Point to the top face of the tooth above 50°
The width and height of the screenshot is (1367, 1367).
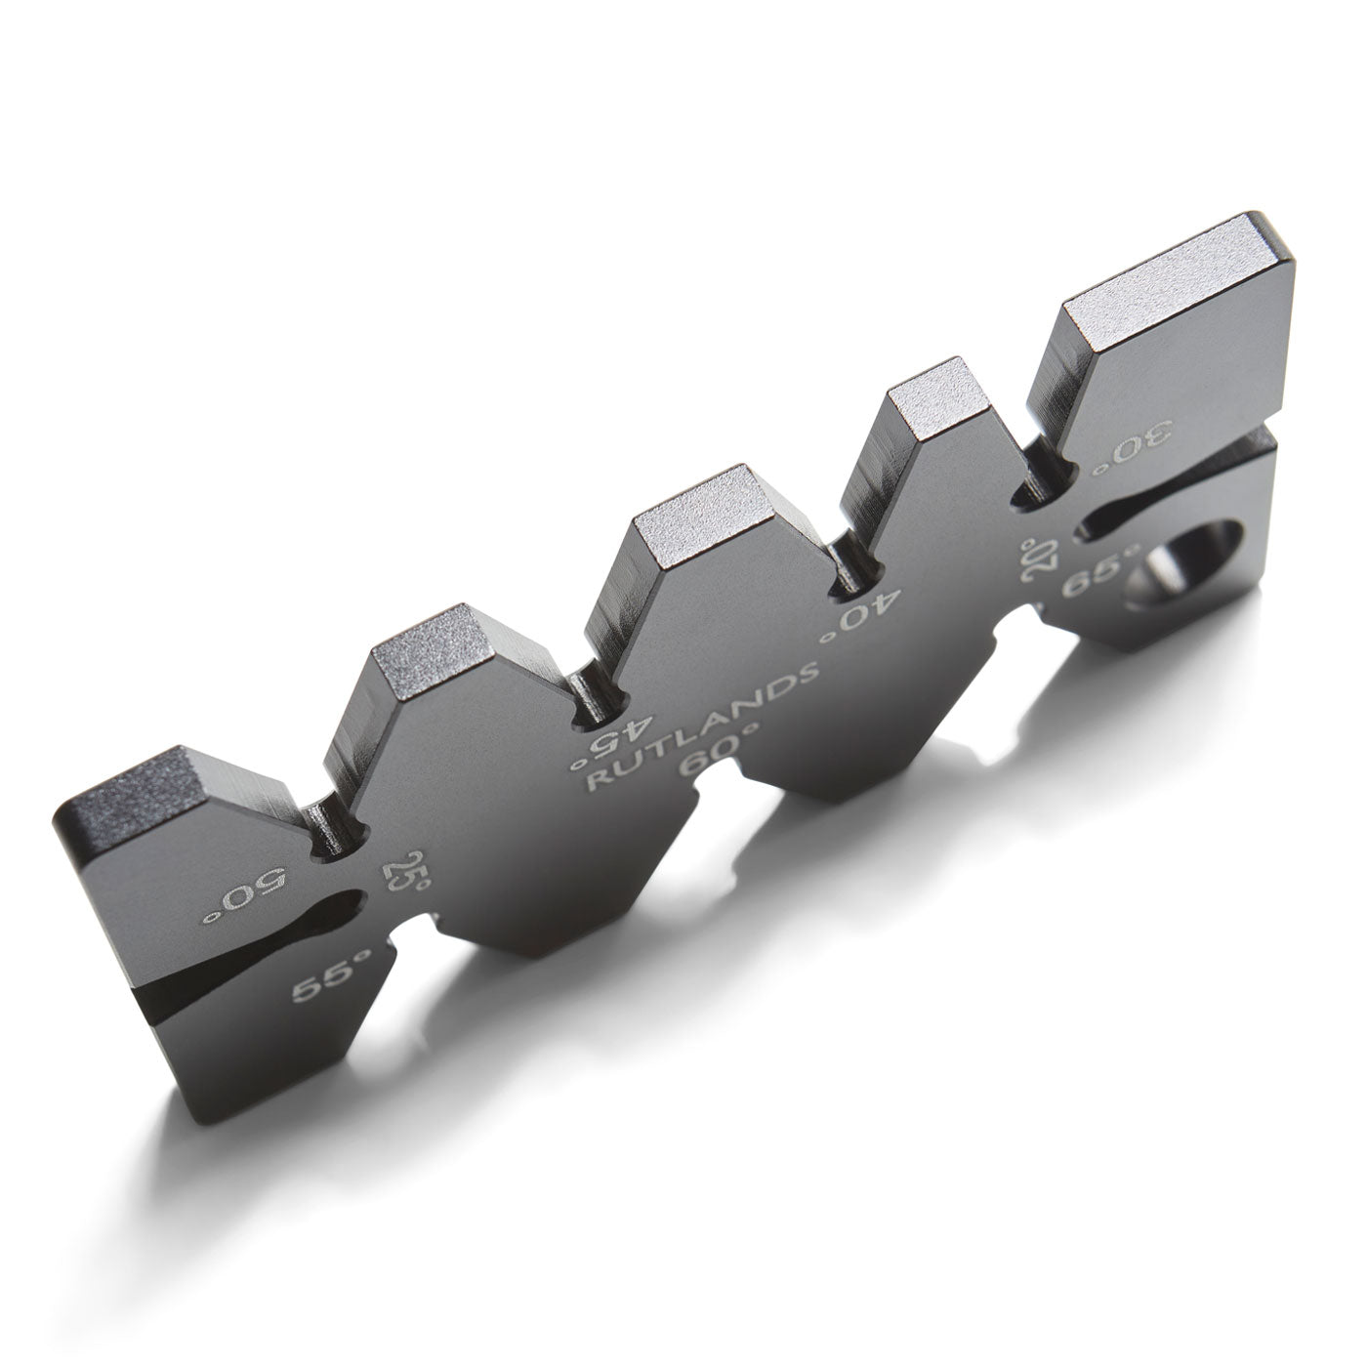point(137,791)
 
